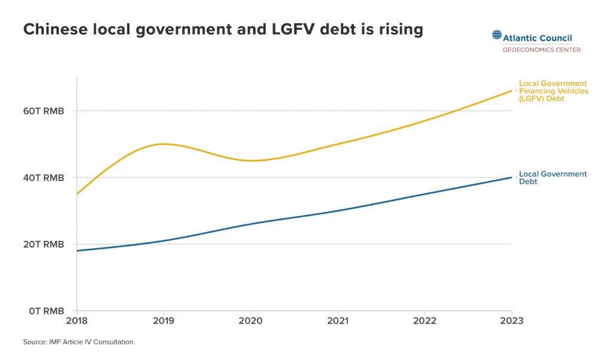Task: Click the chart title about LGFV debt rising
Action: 224,30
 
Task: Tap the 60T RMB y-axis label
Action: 43,111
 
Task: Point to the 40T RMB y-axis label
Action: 43,178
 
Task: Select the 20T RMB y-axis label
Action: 43,245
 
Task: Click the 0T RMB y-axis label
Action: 46,311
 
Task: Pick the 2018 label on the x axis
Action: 77,321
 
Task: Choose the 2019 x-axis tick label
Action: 164,321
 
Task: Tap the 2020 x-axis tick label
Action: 250,321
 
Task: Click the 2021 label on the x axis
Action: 338,321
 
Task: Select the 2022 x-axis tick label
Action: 425,321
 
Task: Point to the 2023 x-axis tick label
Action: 512,321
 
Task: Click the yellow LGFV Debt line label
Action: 553,91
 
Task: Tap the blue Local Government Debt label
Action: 553,178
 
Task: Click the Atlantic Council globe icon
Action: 497,35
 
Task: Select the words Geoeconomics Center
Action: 541,50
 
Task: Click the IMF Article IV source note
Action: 79,342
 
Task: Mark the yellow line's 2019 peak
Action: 164,144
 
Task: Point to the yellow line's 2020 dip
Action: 250,160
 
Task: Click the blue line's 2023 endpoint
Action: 512,178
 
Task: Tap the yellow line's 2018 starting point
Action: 77,194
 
